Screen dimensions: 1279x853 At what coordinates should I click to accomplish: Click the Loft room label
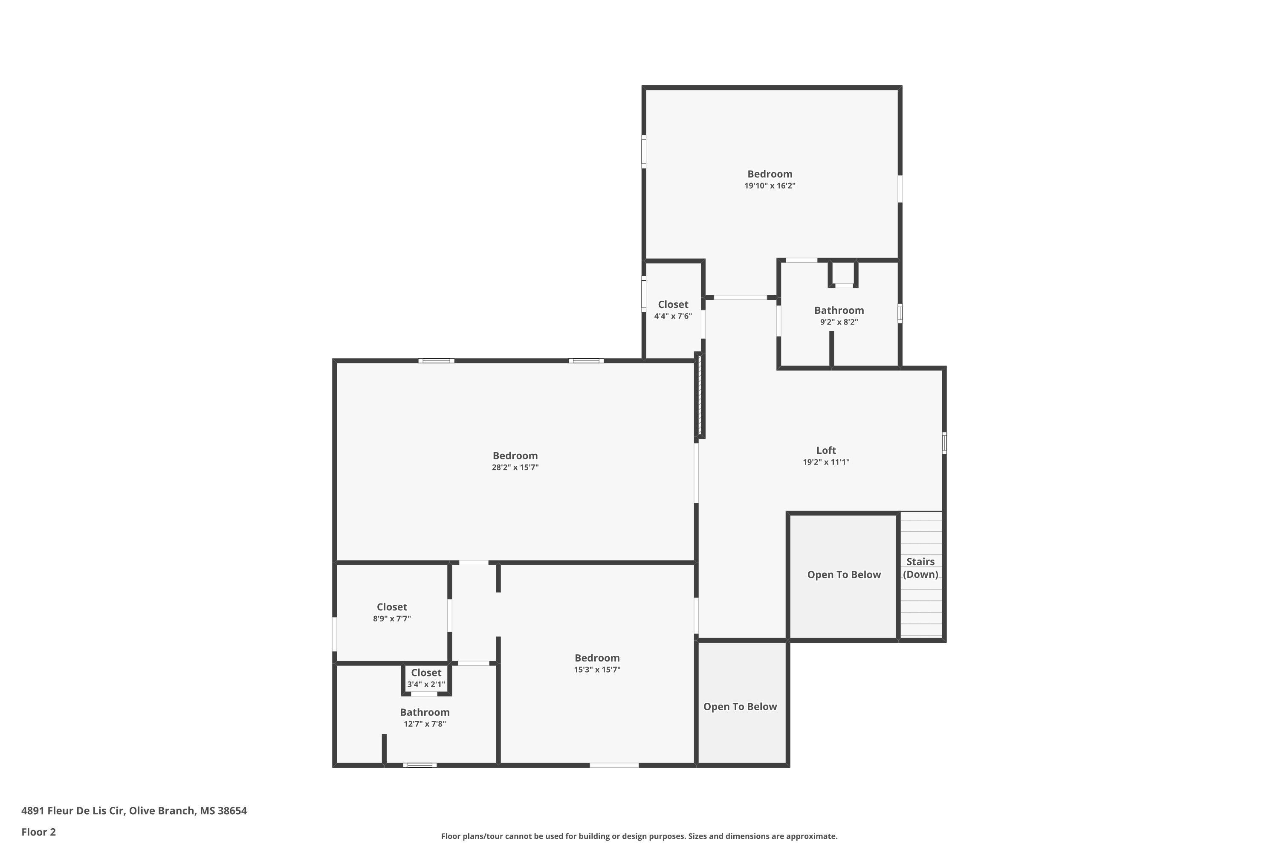pyautogui.click(x=826, y=450)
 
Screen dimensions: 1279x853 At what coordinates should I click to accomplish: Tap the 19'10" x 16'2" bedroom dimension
pyautogui.click(x=770, y=186)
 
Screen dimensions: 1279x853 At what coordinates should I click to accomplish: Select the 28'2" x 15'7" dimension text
pyautogui.click(x=515, y=467)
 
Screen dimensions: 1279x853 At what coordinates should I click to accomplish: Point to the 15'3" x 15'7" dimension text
pyautogui.click(x=597, y=670)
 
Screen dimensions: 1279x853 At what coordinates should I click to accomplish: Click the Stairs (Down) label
pyautogui.click(x=920, y=568)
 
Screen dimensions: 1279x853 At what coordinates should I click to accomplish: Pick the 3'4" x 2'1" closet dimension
pyautogui.click(x=426, y=685)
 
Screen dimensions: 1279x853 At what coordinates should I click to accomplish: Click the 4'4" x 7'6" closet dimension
pyautogui.click(x=673, y=316)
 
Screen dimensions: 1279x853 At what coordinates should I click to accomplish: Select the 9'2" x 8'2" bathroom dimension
pyautogui.click(x=839, y=322)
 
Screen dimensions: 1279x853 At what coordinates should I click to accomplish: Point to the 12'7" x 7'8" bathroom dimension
pyautogui.click(x=425, y=724)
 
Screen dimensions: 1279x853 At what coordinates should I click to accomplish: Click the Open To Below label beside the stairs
pyautogui.click(x=844, y=575)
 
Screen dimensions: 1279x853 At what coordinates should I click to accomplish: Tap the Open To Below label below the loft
pyautogui.click(x=740, y=707)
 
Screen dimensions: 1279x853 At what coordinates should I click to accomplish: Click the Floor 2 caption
pyautogui.click(x=39, y=832)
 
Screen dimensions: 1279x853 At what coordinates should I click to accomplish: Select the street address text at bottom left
pyautogui.click(x=134, y=811)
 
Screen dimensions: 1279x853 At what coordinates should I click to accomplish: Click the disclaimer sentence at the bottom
pyautogui.click(x=639, y=836)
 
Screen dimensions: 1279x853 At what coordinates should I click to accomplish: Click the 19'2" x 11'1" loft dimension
pyautogui.click(x=826, y=462)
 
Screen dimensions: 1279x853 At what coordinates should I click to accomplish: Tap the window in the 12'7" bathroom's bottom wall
pyautogui.click(x=420, y=766)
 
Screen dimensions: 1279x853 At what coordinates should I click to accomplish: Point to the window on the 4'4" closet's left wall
pyautogui.click(x=644, y=294)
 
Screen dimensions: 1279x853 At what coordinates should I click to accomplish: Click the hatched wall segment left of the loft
pyautogui.click(x=700, y=395)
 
